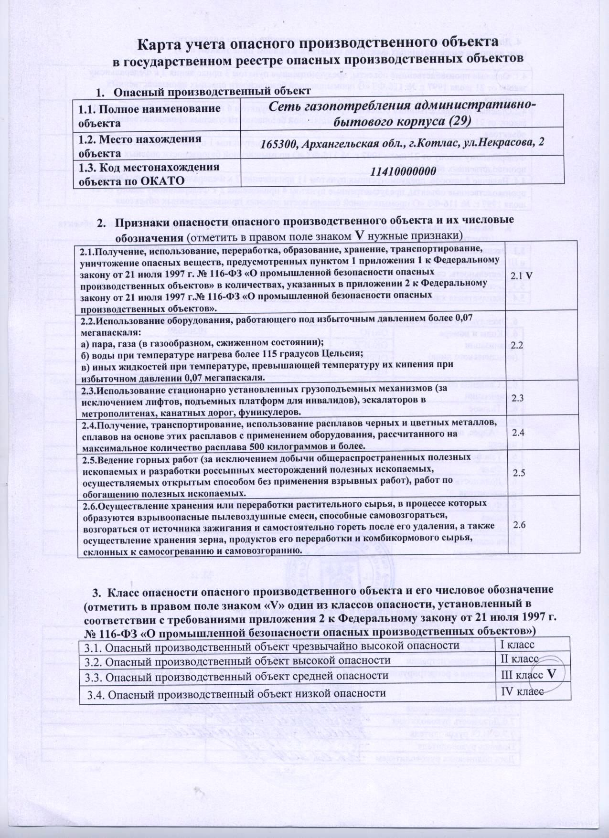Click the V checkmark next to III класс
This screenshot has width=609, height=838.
point(551,674)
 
